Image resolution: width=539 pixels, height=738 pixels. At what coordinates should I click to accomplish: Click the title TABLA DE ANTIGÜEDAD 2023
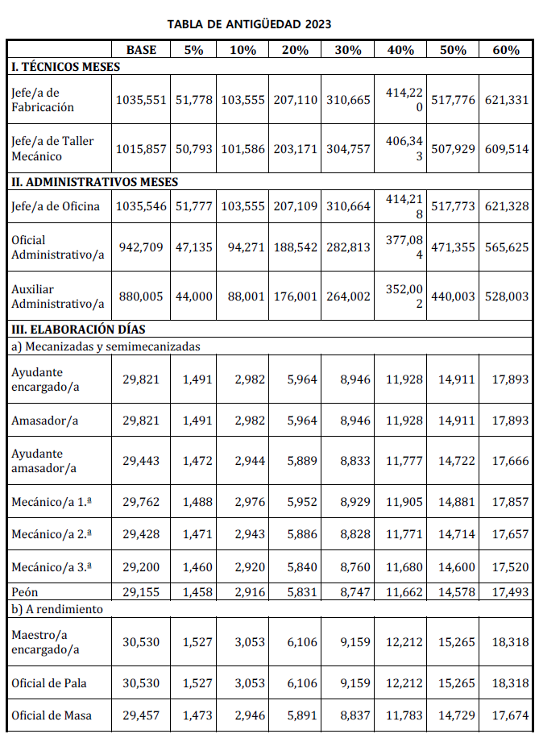(249, 24)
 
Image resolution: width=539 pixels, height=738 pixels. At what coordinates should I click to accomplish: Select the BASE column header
(141, 50)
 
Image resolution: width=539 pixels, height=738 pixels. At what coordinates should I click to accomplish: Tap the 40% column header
(400, 50)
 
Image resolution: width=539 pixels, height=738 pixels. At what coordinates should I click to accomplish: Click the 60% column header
(506, 50)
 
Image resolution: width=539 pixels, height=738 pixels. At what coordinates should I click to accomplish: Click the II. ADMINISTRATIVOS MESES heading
(95, 182)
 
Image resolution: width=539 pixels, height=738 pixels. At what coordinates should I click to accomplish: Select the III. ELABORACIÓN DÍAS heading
(78, 330)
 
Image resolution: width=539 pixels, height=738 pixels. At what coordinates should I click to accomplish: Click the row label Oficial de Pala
(49, 683)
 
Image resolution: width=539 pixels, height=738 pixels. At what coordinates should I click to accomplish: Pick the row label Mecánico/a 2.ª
(52, 533)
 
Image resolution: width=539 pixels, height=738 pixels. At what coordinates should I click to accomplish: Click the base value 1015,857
(141, 149)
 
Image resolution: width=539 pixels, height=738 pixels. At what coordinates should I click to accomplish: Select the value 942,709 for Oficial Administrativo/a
(141, 247)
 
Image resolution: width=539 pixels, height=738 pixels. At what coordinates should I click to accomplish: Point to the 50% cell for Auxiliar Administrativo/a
(453, 296)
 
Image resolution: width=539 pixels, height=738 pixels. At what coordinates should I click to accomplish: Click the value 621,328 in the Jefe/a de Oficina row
(507, 206)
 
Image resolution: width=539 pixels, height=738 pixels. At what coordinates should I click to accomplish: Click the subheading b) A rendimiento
(57, 609)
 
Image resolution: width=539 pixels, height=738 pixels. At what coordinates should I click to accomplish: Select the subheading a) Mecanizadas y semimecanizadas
(106, 346)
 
